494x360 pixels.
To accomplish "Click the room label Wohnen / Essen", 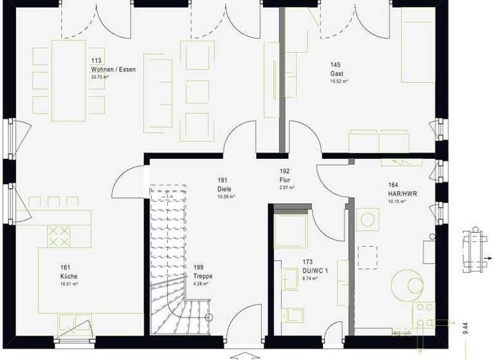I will [113, 69].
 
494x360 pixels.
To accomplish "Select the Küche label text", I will [69, 276].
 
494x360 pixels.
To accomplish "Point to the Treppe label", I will [203, 276].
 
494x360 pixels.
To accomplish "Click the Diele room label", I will [224, 189].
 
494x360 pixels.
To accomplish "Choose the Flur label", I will [285, 180].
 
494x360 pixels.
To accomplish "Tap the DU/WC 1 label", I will [315, 271].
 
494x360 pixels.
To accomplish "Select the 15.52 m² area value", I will [339, 82].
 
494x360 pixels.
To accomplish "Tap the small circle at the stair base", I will [208, 318].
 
